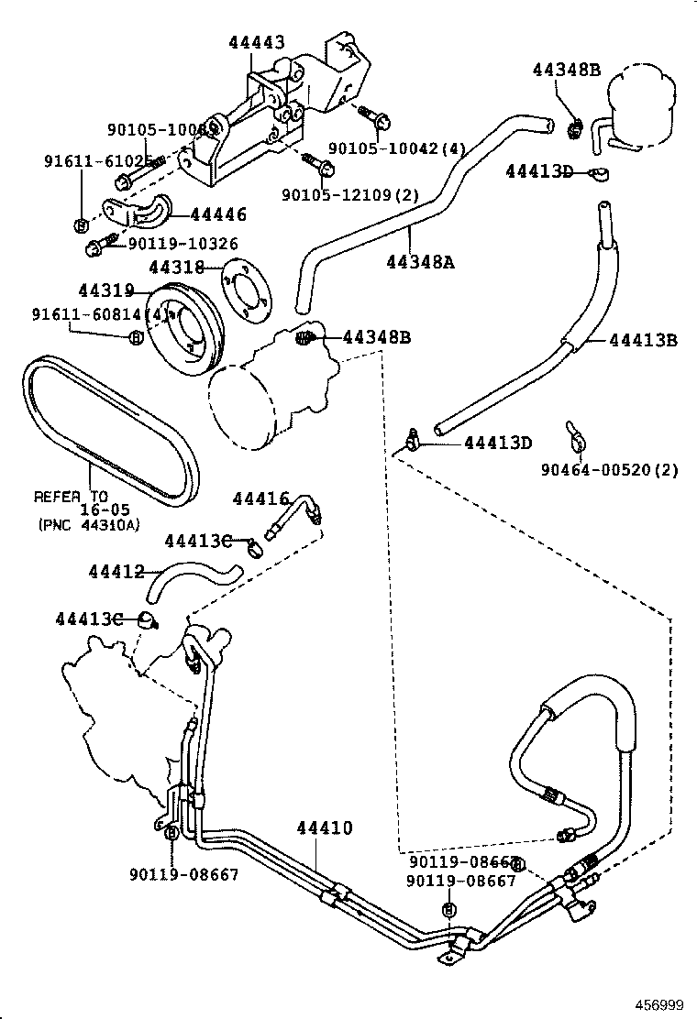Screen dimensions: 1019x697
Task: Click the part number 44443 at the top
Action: point(257,42)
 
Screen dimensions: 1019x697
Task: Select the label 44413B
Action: point(641,341)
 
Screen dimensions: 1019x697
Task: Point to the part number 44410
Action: point(324,828)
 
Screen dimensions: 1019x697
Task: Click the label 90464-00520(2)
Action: point(609,470)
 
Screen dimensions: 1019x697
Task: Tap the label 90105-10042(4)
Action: point(397,148)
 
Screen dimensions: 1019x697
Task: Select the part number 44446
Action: point(218,214)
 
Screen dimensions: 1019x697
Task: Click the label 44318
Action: point(177,268)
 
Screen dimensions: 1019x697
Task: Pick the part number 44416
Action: point(260,499)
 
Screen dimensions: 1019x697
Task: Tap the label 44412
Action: point(116,572)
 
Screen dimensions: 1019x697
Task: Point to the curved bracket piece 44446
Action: point(138,210)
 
